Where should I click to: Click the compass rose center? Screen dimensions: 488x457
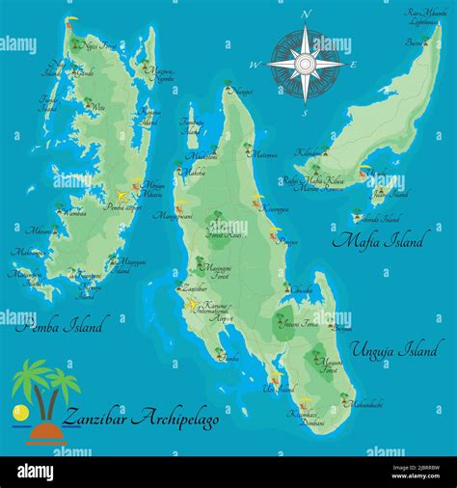(306, 64)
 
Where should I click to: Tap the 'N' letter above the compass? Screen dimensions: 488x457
(307, 14)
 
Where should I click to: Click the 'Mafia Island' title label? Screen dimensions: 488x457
(377, 241)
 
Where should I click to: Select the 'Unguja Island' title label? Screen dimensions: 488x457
(396, 347)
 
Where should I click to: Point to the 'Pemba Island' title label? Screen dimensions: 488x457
(59, 323)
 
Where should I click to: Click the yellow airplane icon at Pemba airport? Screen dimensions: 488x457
(122, 193)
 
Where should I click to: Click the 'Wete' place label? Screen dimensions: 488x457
(96, 109)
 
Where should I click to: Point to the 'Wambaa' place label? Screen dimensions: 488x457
(74, 212)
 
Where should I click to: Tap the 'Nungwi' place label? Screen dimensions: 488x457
(243, 91)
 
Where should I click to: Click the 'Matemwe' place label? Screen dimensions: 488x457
(265, 153)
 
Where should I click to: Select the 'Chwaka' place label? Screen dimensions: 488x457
(301, 288)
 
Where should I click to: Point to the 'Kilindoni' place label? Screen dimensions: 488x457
(310, 153)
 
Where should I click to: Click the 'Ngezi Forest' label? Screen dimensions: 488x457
(102, 45)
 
